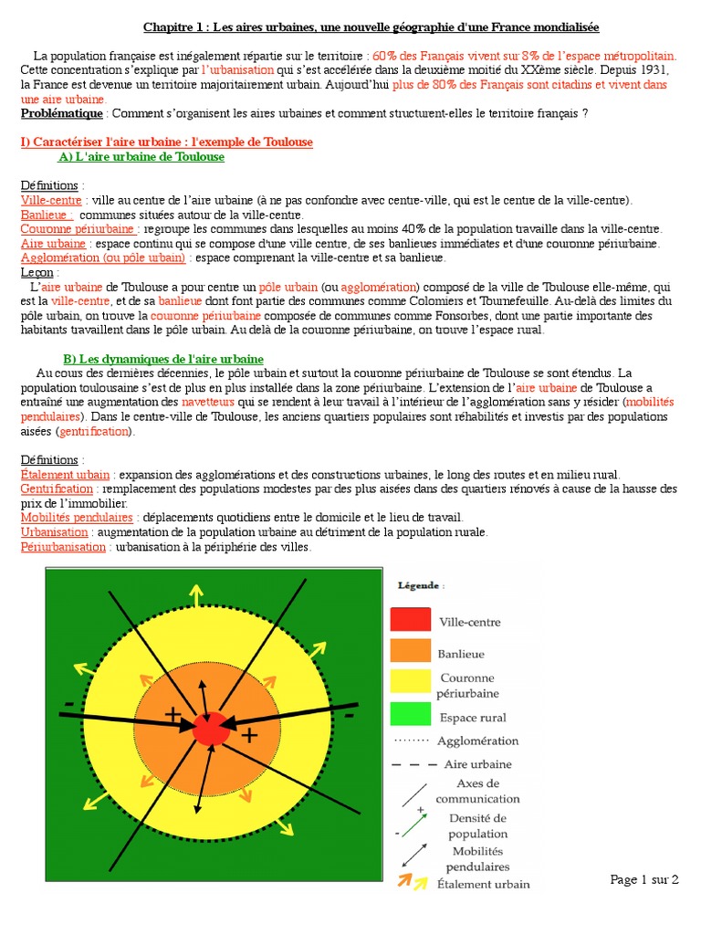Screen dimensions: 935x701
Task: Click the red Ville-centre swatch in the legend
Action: click(411, 619)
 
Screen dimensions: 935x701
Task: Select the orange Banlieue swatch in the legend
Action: click(411, 650)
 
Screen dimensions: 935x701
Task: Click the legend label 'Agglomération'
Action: click(477, 741)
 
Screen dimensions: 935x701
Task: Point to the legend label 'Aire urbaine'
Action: click(477, 763)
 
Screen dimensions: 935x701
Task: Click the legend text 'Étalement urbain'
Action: click(483, 883)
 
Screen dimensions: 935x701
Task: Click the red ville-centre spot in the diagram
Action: click(211, 729)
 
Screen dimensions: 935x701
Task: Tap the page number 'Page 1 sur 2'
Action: click(644, 879)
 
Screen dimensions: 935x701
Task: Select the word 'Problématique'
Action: click(61, 113)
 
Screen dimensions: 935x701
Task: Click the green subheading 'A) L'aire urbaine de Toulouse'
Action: click(141, 156)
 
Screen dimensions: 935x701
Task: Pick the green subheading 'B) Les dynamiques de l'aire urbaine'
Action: click(162, 359)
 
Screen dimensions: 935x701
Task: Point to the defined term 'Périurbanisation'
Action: click(63, 546)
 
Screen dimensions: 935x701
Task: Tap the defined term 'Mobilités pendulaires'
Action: click(77, 517)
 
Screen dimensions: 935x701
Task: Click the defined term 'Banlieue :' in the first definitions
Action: click(47, 215)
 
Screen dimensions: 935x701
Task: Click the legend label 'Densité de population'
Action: click(477, 825)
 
